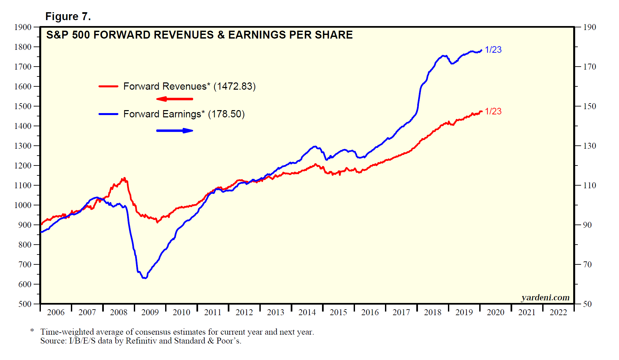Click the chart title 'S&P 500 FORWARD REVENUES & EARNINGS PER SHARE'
[199, 35]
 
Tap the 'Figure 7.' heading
[68, 16]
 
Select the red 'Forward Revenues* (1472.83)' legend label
[189, 86]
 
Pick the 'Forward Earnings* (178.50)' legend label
[184, 114]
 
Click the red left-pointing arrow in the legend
[174, 99]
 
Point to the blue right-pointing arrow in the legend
[175, 131]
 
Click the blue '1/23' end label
[493, 50]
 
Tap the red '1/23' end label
[493, 111]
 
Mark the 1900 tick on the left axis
[23, 27]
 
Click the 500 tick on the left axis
[25, 304]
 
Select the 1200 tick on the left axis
[23, 165]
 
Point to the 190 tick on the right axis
[590, 27]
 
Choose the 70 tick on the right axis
[587, 264]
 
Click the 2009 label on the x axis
[150, 312]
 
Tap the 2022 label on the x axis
[558, 312]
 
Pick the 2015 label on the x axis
[339, 312]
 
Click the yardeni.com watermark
[545, 297]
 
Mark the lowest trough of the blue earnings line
[144, 278]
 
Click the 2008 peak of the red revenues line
[124, 178]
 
